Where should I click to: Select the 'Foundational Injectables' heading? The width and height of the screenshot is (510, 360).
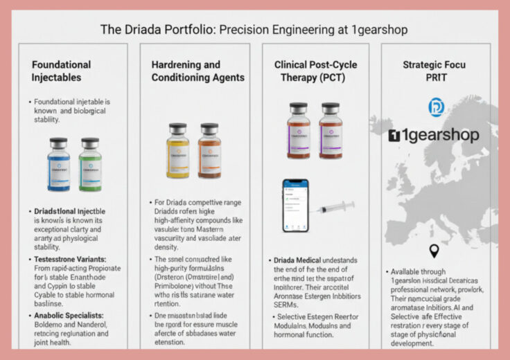point(61,71)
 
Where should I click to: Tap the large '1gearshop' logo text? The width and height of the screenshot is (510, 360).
point(434,135)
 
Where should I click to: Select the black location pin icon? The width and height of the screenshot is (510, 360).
point(434,251)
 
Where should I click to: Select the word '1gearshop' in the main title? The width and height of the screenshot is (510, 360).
point(375,30)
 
